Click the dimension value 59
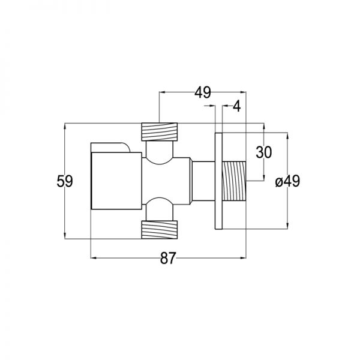tap(65, 181)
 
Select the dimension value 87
tap(168, 258)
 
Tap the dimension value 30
tap(264, 152)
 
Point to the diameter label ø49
tap(287, 181)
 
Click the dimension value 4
tap(237, 107)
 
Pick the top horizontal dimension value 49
tap(203, 92)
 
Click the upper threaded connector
tap(160, 132)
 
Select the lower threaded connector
tap(160, 230)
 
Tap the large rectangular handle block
tap(116, 181)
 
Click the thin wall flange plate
tap(218, 181)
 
